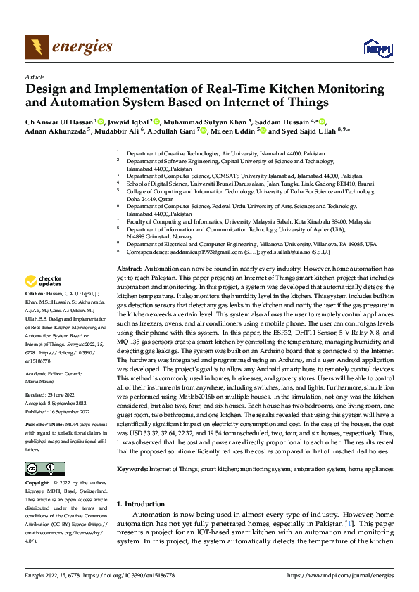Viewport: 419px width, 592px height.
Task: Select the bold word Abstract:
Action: click(130, 269)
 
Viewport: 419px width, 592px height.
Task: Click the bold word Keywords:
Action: click(132, 468)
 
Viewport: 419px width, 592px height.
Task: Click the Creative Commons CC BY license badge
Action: click(44, 469)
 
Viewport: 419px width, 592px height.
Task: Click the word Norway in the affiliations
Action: click(178, 236)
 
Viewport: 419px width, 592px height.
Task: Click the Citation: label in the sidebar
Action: click(35, 292)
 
